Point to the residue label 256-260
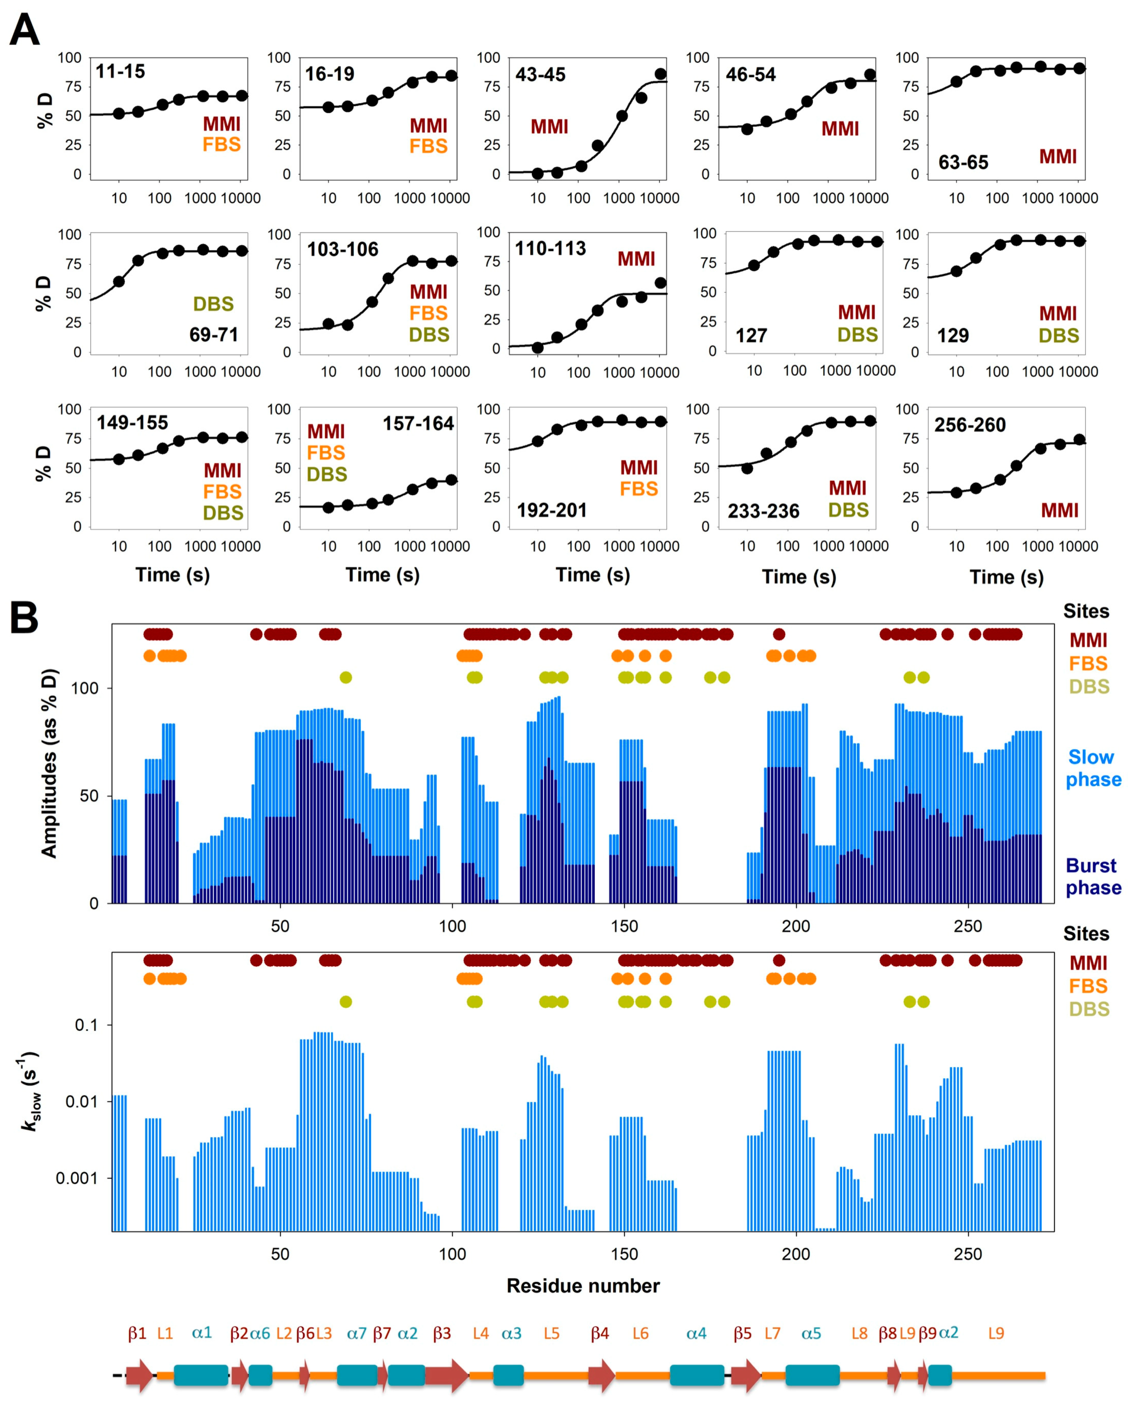point(970,425)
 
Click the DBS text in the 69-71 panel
point(213,304)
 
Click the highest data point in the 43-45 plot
point(660,74)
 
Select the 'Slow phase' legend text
point(1093,768)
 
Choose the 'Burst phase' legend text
point(1093,877)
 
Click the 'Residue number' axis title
point(583,1286)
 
